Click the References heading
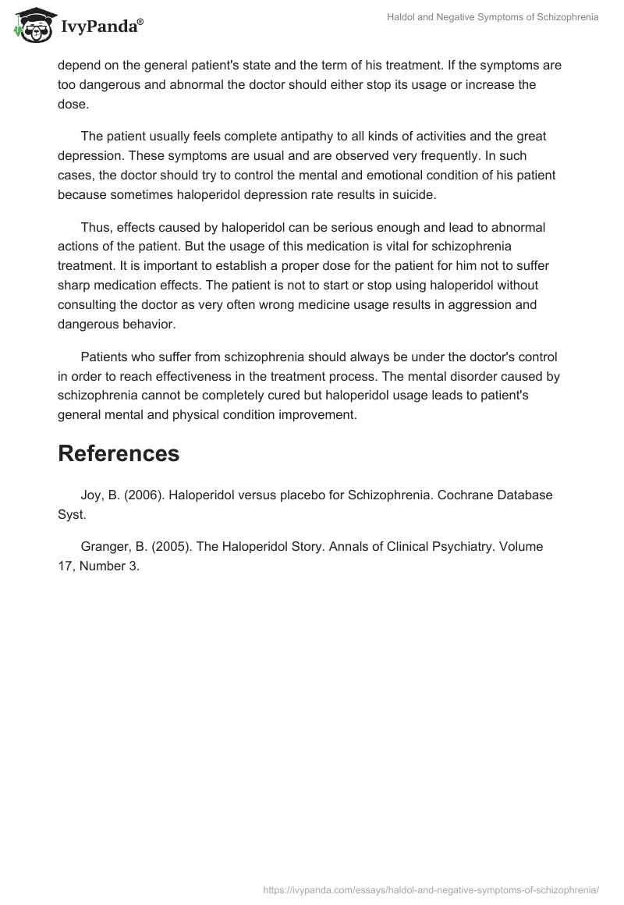pyautogui.click(x=119, y=453)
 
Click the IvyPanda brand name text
pyautogui.click(x=101, y=28)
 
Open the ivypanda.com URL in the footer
pyautogui.click(x=431, y=889)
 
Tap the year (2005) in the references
pyautogui.click(x=168, y=547)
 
